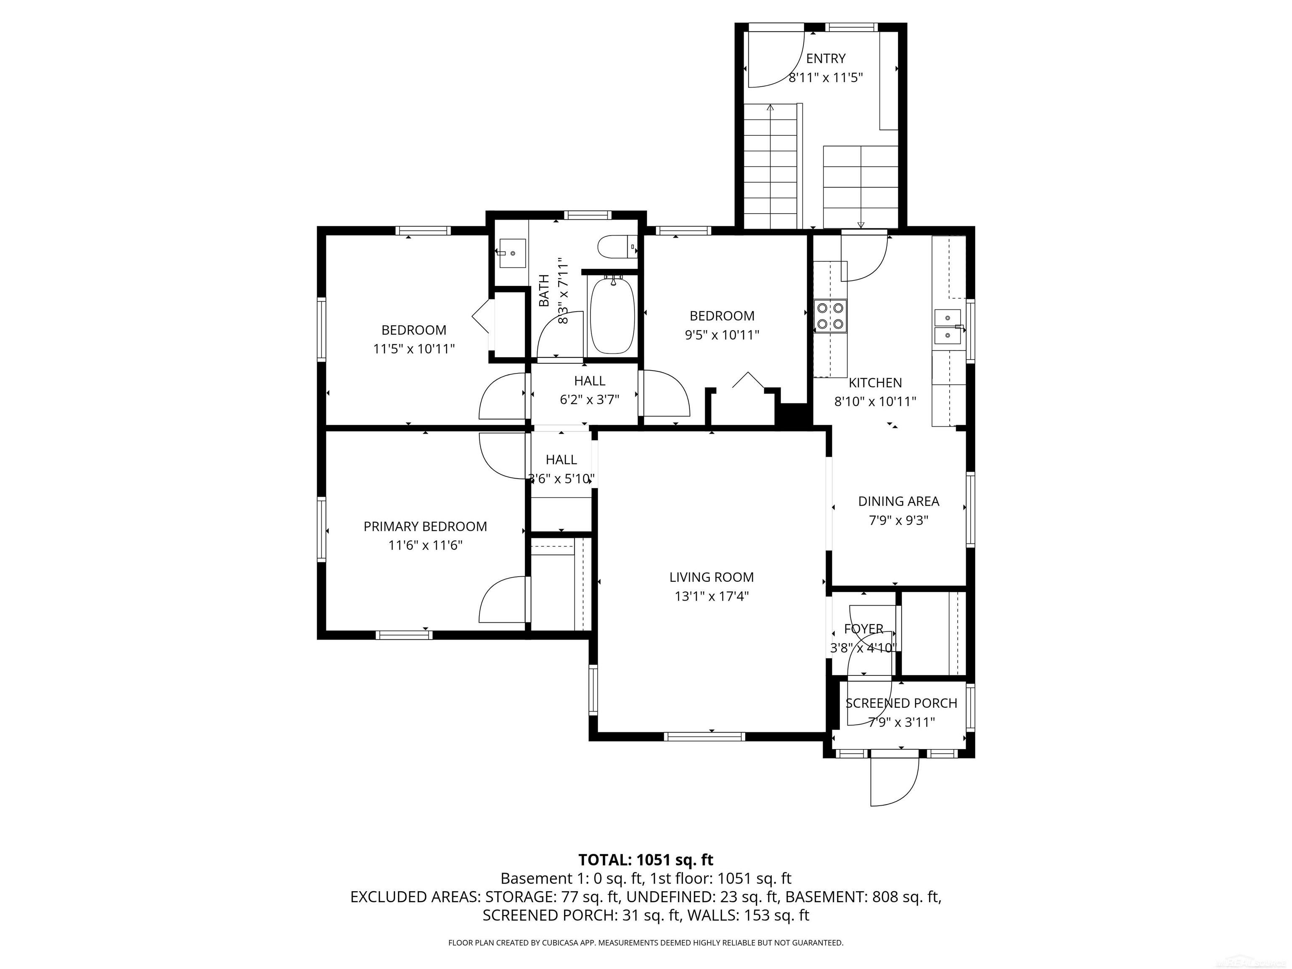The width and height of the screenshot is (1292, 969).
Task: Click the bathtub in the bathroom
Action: click(x=612, y=316)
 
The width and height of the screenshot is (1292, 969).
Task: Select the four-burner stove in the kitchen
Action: click(x=830, y=315)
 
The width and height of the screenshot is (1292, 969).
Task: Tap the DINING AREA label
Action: click(x=898, y=501)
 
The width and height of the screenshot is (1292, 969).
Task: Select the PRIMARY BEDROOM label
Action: click(x=425, y=526)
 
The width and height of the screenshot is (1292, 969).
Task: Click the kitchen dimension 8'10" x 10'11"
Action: click(x=875, y=402)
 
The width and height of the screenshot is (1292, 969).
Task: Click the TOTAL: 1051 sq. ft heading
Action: click(x=646, y=860)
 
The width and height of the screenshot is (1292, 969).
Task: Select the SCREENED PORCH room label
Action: click(x=901, y=703)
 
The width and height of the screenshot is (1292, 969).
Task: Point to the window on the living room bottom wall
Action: click(x=704, y=736)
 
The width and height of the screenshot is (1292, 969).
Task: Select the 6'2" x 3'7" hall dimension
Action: click(x=589, y=400)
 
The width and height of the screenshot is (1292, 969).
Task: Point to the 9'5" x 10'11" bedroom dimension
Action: click(x=722, y=335)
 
